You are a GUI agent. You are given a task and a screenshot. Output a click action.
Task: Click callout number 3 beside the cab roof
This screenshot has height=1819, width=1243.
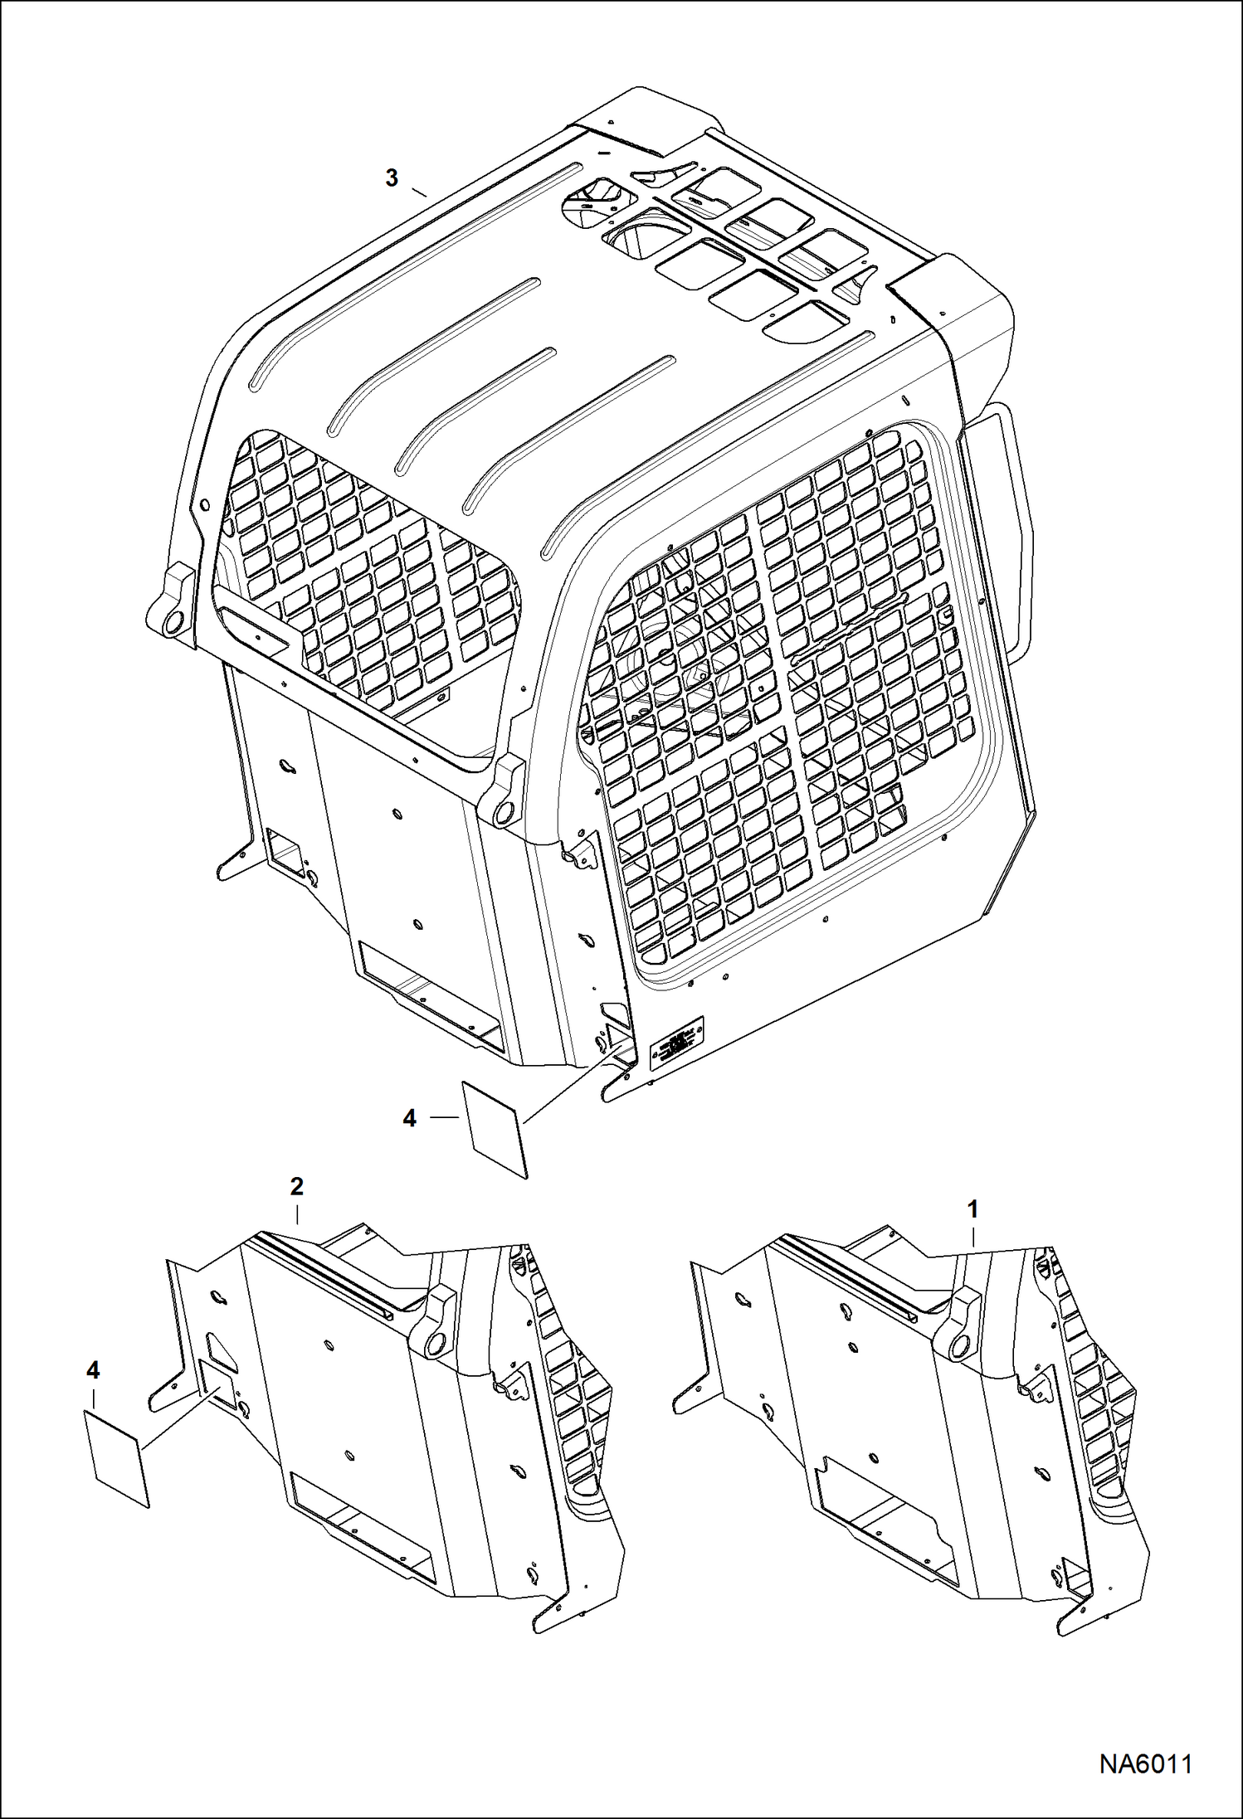coord(392,178)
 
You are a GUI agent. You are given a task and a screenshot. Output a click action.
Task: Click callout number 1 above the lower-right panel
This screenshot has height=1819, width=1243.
coord(973,1209)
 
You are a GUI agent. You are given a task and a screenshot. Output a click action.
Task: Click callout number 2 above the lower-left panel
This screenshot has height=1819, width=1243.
coord(296,1187)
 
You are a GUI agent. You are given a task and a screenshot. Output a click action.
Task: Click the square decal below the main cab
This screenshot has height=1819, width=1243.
coord(495,1129)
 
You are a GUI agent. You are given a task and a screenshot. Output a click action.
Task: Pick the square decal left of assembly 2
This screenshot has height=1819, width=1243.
coord(118,1459)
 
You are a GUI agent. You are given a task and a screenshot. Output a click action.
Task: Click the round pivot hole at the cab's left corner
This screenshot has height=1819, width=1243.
coord(173,622)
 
